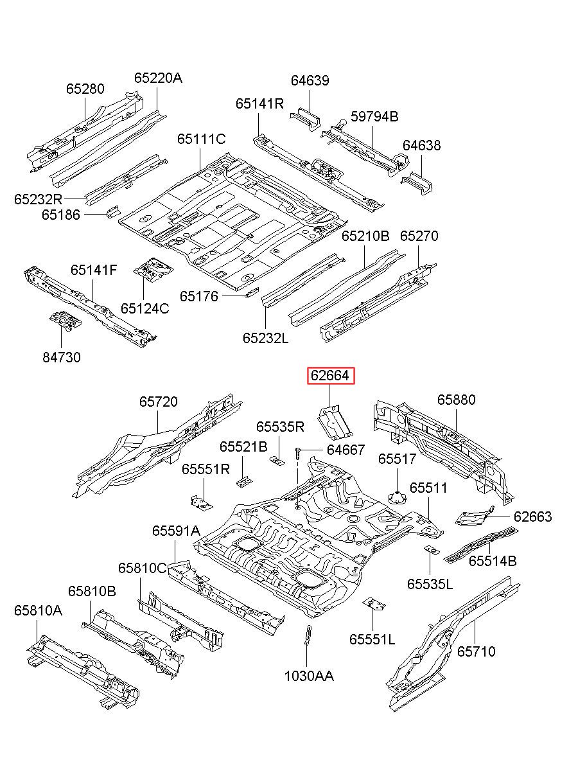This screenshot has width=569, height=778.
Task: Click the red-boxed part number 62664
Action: (330, 375)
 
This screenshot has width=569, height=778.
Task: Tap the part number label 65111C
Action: (202, 139)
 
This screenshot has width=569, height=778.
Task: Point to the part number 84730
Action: (62, 357)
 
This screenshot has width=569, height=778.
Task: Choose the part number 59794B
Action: (374, 116)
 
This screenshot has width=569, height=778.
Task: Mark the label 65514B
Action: (493, 561)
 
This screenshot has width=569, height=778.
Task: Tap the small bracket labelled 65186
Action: (113, 211)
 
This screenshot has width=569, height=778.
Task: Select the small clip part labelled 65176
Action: (252, 292)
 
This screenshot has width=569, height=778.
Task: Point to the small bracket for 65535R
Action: (277, 461)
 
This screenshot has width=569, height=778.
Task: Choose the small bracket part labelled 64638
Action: (417, 182)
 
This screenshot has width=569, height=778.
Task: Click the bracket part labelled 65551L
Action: (374, 605)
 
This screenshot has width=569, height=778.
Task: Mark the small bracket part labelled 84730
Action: (65, 320)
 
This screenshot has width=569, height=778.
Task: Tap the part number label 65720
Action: (159, 402)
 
